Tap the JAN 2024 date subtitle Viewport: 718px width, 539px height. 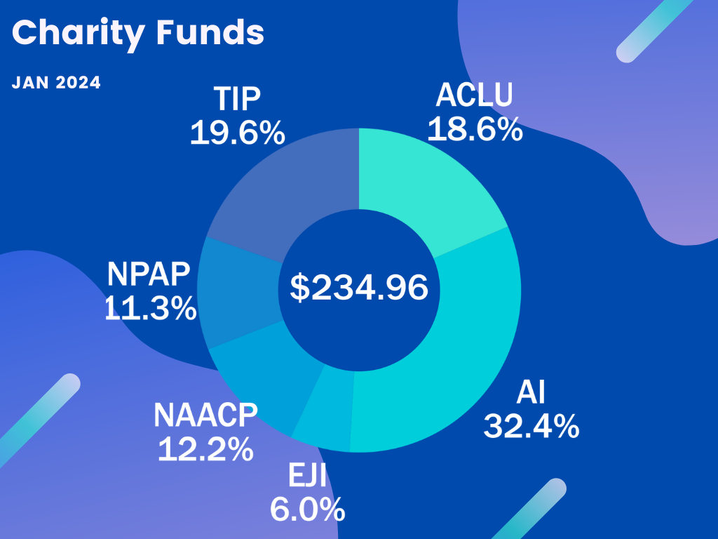(56, 83)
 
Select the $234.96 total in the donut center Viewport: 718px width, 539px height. (359, 288)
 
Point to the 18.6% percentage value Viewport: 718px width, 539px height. (475, 129)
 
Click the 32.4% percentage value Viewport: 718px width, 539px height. (531, 425)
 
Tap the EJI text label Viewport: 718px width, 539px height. (307, 476)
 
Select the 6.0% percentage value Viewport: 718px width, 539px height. (307, 509)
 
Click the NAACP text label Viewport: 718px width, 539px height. (205, 415)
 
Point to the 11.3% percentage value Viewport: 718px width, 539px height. (150, 308)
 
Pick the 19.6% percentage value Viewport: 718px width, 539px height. (237, 133)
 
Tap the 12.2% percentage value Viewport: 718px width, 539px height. (205, 448)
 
